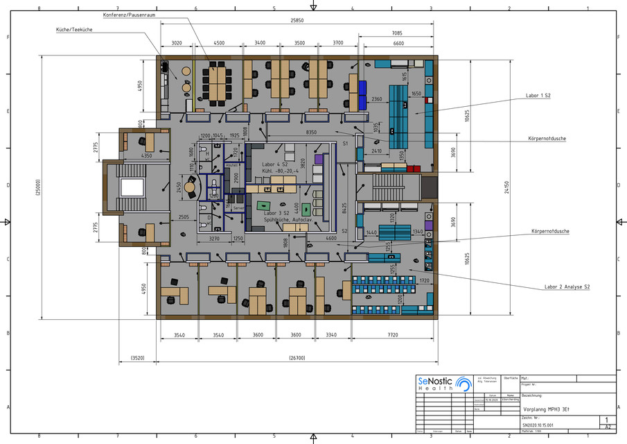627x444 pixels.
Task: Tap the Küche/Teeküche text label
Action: tap(75, 30)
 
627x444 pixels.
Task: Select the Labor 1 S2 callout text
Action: tap(538, 95)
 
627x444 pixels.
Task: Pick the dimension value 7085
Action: tap(396, 33)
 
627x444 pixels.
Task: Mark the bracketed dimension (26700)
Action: tap(299, 359)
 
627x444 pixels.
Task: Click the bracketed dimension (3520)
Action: tap(137, 359)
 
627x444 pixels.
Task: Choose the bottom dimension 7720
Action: tap(392, 335)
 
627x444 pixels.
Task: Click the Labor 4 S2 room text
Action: tap(274, 164)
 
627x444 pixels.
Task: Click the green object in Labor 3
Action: tap(264, 205)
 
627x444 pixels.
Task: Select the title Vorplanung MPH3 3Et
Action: tap(547, 409)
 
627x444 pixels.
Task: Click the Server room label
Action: tap(238, 208)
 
